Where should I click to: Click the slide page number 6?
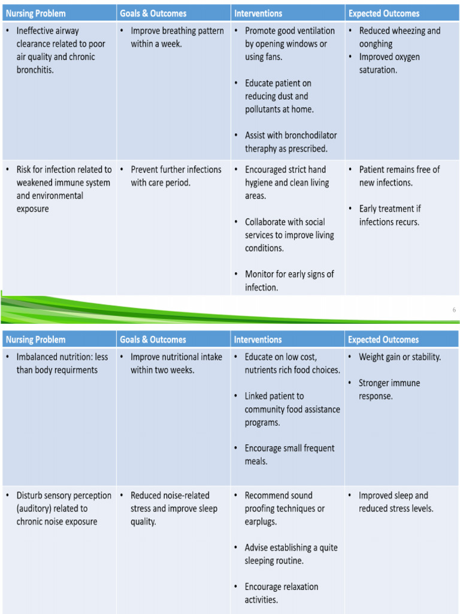click(454, 310)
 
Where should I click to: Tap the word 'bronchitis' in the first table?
click(34, 70)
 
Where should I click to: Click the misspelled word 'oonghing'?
click(376, 44)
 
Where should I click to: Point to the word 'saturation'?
click(377, 70)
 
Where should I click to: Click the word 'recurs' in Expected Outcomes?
click(407, 222)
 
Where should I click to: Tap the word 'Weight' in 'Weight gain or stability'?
click(372, 357)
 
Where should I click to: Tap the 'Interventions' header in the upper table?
click(258, 13)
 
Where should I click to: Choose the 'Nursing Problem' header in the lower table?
click(35, 339)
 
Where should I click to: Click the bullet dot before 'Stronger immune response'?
click(350, 383)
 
